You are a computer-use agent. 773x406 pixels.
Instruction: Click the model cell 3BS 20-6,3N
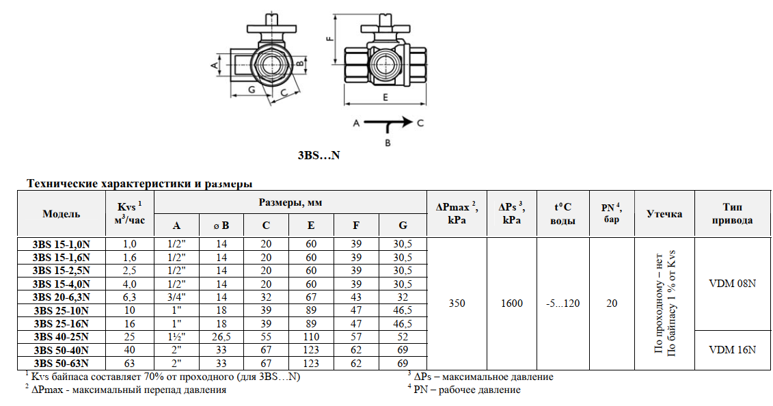[62, 297]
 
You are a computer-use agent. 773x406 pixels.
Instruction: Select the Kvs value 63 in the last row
[129, 363]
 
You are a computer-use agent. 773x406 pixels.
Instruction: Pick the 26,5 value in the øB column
[221, 336]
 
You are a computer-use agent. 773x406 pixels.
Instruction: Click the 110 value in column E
[311, 336]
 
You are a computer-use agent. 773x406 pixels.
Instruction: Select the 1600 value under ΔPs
[511, 303]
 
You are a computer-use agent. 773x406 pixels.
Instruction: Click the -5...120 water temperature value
[563, 303]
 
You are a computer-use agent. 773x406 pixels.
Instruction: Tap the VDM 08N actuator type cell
[732, 283]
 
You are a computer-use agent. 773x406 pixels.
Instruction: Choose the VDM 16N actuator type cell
[732, 349]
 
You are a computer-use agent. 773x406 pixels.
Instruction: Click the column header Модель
[62, 213]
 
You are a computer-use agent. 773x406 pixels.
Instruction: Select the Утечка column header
[664, 213]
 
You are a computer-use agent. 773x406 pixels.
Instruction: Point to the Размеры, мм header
[290, 202]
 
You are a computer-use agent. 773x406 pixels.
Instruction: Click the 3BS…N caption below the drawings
[318, 156]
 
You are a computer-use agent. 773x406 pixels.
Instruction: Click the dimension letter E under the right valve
[385, 98]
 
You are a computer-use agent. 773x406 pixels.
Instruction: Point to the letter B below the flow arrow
[388, 143]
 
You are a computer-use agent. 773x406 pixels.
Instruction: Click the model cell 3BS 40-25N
[62, 336]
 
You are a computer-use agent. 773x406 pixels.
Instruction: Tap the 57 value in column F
[356, 336]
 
